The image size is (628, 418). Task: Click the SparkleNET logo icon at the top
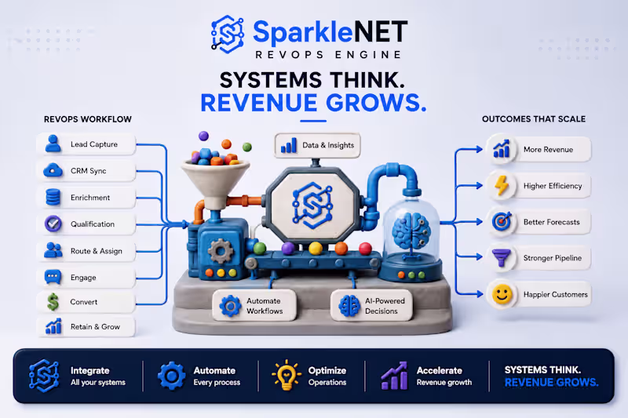pos(227,34)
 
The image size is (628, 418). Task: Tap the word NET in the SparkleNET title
pos(380,32)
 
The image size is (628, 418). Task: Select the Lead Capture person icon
pos(53,144)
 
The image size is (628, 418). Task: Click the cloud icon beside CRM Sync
pos(53,170)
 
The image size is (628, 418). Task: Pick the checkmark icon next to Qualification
pos(53,224)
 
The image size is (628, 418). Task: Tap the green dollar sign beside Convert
pos(53,302)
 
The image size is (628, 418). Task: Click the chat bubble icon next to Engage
pos(53,277)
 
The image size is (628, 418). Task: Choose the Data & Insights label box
pos(317,145)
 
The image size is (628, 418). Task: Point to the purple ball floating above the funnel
pos(203,136)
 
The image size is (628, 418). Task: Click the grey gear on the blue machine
pos(220,251)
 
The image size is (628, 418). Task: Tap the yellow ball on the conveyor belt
pos(316,249)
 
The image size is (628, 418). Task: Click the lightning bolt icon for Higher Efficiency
pos(502,185)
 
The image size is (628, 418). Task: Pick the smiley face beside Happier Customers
pos(502,294)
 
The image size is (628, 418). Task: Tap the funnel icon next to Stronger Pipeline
pos(502,257)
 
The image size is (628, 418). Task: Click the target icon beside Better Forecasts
pos(502,221)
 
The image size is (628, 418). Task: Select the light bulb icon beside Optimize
pos(287,375)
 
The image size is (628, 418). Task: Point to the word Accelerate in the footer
pos(440,370)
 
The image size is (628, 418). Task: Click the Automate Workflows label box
pos(254,306)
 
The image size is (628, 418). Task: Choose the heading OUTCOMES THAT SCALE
pos(534,118)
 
